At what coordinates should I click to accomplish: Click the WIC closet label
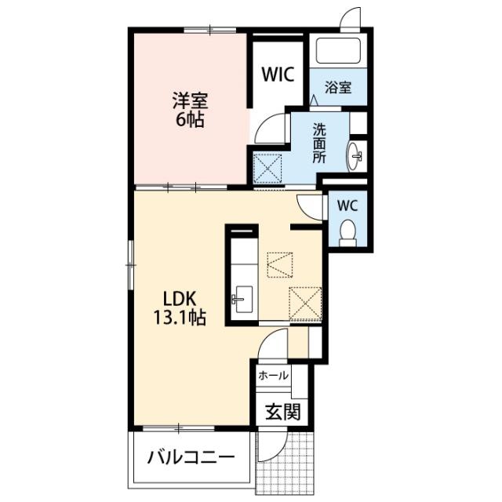click(x=278, y=75)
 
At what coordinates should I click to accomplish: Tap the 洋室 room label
click(x=190, y=101)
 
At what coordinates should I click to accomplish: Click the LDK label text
click(x=180, y=299)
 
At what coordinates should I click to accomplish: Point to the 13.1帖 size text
click(x=180, y=317)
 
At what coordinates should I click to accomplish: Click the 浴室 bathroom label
click(x=338, y=87)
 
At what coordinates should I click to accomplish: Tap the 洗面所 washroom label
click(x=319, y=144)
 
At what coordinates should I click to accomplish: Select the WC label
click(x=347, y=206)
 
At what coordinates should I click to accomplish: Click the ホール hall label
click(x=273, y=375)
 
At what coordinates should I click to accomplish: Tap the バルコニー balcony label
click(x=191, y=457)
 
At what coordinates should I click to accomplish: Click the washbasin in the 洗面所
click(x=355, y=157)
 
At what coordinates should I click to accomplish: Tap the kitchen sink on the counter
click(x=242, y=300)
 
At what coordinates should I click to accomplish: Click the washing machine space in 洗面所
click(x=267, y=169)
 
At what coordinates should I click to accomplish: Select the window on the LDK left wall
click(x=130, y=265)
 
